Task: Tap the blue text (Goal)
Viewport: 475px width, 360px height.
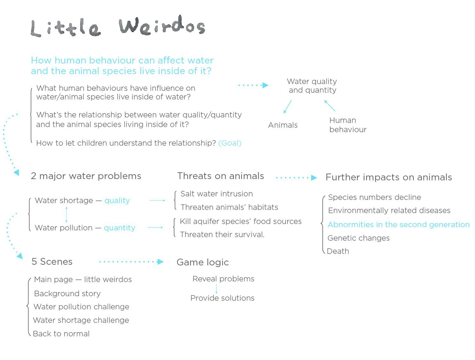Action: point(230,143)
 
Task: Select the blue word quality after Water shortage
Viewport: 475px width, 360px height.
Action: point(117,201)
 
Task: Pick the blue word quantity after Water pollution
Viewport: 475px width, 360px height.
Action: point(119,228)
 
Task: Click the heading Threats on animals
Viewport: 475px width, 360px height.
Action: point(220,176)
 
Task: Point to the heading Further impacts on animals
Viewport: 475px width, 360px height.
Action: point(389,177)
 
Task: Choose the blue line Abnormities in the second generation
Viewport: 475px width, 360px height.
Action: point(398,225)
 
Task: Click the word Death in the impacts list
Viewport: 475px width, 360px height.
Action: point(338,251)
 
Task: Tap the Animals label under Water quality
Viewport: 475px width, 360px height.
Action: point(283,125)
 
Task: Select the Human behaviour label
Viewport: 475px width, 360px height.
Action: point(348,125)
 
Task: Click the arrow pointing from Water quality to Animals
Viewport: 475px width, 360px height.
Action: point(288,107)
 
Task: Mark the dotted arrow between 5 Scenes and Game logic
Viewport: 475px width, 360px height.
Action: point(131,262)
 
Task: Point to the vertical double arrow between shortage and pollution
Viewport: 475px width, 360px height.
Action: point(66,214)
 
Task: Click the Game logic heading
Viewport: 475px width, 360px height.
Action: point(203,262)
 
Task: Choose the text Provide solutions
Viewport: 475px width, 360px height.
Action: point(222,298)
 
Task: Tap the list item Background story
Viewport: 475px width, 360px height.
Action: point(67,294)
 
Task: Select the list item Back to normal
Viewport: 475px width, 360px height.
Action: point(61,334)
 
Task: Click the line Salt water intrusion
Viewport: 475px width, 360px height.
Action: point(217,194)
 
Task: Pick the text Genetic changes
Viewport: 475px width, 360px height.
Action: point(358,238)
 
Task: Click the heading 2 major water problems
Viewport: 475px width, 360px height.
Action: point(86,176)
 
